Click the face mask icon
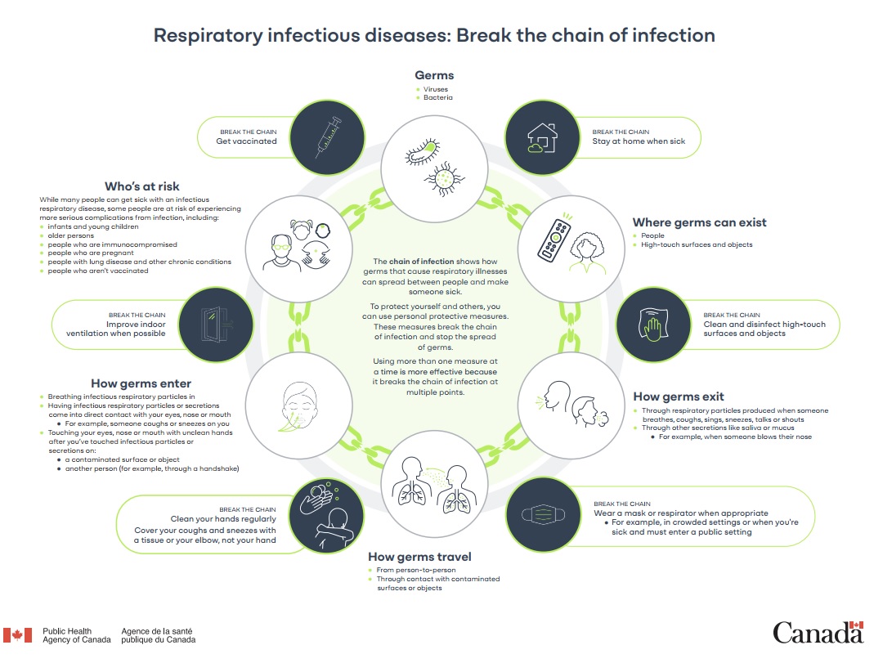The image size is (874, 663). [547, 516]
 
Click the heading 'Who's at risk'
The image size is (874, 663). [141, 187]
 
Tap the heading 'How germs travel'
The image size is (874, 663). [419, 557]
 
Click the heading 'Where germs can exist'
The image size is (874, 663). [699, 222]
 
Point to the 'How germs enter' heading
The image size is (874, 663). [141, 383]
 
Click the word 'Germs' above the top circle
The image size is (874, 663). [434, 76]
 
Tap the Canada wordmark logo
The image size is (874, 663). [817, 632]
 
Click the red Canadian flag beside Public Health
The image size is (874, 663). [17, 635]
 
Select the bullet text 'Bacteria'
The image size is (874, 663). [437, 97]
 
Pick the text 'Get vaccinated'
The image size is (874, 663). [246, 141]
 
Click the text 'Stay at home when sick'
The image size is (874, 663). [639, 141]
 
